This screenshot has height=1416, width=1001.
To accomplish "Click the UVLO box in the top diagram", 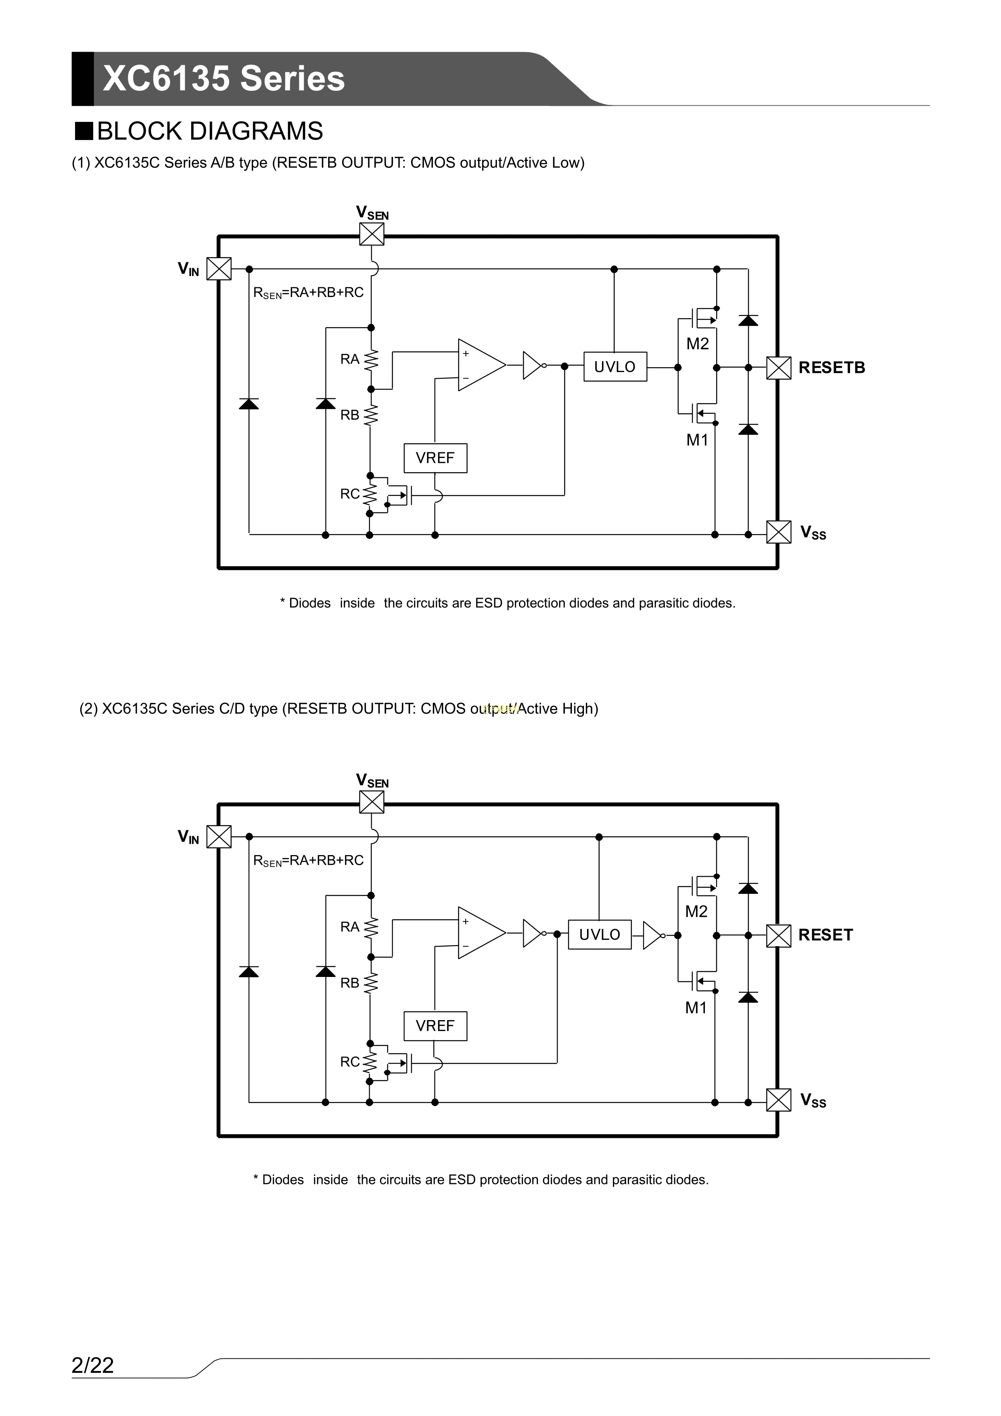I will [x=615, y=367].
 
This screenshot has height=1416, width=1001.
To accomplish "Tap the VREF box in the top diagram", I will [x=435, y=458].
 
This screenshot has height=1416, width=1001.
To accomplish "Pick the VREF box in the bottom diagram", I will [x=435, y=1026].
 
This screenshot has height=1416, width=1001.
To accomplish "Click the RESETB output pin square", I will [x=778, y=368].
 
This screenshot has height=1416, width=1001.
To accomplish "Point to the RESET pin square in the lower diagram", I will [x=778, y=935].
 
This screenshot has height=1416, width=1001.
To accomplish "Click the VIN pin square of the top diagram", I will [x=218, y=269].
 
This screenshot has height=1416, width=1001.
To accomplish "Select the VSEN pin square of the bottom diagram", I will [x=371, y=802].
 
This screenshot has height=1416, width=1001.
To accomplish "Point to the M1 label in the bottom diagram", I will [x=696, y=1008].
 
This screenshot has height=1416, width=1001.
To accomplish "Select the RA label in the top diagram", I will [x=350, y=359].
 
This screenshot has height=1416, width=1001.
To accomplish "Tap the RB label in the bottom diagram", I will [x=350, y=983].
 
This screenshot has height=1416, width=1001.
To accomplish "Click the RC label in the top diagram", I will [x=350, y=494].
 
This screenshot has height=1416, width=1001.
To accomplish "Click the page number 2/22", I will [x=92, y=1366].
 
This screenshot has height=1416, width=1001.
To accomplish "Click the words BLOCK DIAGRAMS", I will [x=210, y=132].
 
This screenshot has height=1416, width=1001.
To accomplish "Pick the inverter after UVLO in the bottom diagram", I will [x=652, y=935].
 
